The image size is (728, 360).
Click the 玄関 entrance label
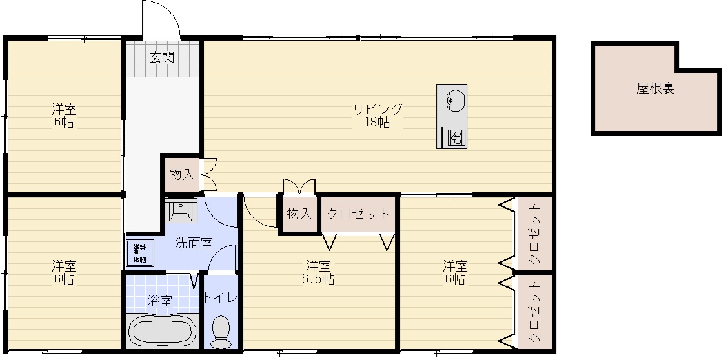(x=162, y=57)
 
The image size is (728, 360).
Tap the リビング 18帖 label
(x=378, y=115)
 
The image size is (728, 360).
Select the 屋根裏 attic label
(x=655, y=88)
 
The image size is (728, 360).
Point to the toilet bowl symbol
(x=221, y=330)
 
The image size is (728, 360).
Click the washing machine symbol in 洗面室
(x=139, y=253)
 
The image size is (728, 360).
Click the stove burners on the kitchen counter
(x=455, y=137)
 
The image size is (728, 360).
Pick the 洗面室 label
(x=194, y=244)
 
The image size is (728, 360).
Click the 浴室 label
(x=159, y=300)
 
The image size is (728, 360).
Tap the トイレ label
(x=221, y=297)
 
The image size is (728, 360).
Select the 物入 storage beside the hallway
(x=181, y=174)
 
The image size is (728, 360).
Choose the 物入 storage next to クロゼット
(x=299, y=214)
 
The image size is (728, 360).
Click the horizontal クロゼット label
(x=358, y=214)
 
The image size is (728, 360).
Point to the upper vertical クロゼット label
(x=535, y=235)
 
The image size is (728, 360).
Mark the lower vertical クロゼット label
(x=535, y=313)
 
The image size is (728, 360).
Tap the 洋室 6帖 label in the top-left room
(x=64, y=115)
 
